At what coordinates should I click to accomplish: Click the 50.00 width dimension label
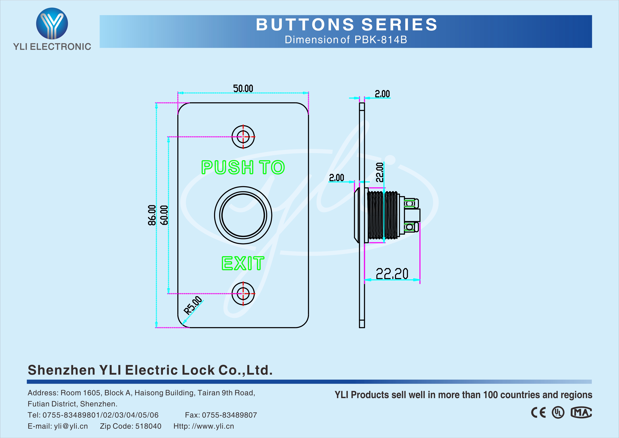(243, 88)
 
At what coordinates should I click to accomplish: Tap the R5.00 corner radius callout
(193, 305)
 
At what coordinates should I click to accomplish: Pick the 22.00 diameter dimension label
(380, 172)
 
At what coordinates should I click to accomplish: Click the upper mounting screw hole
(243, 137)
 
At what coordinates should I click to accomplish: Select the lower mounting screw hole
(243, 294)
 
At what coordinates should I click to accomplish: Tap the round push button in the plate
(243, 215)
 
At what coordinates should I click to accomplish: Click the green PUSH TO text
(243, 167)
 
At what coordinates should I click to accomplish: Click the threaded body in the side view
(383, 215)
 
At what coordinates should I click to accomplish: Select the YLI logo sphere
(52, 23)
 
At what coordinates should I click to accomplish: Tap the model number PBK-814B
(380, 40)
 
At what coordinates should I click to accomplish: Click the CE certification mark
(538, 413)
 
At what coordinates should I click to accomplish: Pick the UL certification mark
(558, 413)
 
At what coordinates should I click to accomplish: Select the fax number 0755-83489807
(229, 415)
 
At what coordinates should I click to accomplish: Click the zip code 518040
(148, 426)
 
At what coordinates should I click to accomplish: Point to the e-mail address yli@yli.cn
(71, 426)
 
